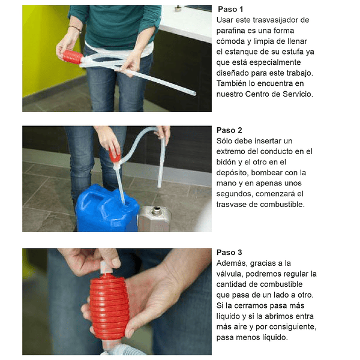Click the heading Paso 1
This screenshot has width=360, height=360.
pos(230,10)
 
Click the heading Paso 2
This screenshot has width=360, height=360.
pos(229,130)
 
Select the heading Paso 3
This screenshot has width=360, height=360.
pos(229,253)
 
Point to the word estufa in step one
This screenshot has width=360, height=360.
pos(291,52)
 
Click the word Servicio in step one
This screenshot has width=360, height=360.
pos(298,94)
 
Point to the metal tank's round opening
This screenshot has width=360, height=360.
pos(156,209)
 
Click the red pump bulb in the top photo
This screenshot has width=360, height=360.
pos(73,56)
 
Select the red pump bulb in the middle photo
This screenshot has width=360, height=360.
pos(115,155)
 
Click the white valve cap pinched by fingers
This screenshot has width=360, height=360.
pos(104,268)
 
